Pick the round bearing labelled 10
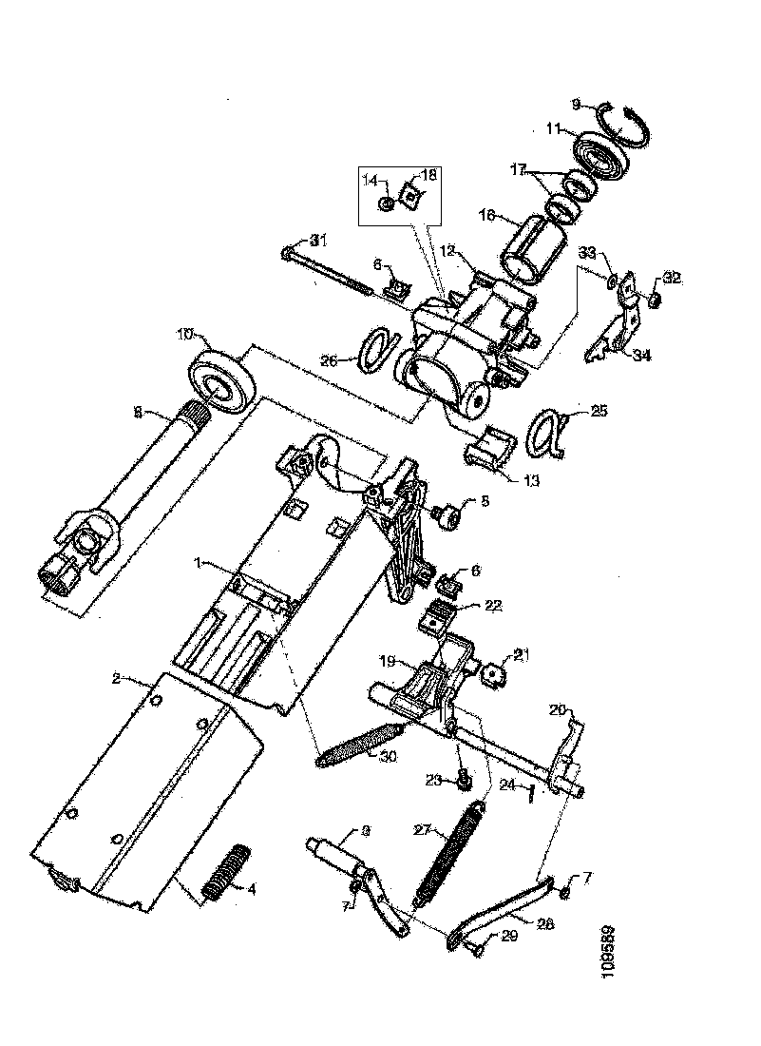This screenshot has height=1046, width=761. tap(224, 379)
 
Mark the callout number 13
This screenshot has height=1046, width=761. tap(529, 480)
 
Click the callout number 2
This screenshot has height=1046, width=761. tap(115, 679)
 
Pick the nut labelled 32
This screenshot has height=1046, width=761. tap(656, 302)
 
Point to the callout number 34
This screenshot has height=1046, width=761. tap(642, 356)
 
